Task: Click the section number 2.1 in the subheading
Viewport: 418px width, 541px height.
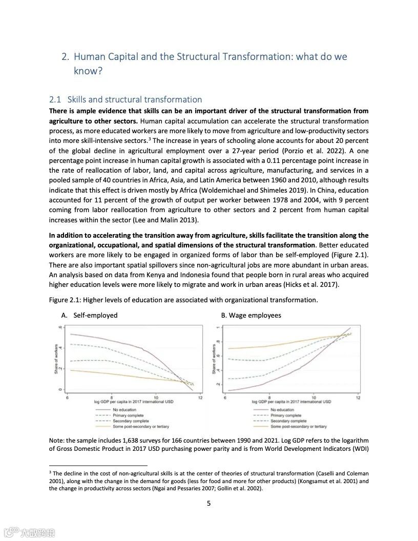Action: (x=55, y=99)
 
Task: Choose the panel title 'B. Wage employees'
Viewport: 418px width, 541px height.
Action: (x=251, y=316)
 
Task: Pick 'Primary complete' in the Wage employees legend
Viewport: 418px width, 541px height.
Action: (x=286, y=415)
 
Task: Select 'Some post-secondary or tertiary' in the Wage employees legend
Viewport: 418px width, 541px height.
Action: (x=298, y=427)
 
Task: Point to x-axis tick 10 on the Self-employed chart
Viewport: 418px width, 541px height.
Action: (x=156, y=398)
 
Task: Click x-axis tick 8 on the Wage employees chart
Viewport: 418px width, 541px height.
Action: (x=270, y=398)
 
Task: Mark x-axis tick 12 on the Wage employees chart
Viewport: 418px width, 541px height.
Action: (x=358, y=398)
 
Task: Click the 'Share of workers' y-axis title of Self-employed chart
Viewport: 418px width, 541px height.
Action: (x=56, y=359)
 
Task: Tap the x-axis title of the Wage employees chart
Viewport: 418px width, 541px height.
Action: (x=291, y=402)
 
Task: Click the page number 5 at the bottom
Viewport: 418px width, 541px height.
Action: (x=208, y=503)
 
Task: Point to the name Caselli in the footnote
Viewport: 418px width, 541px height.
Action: (x=328, y=473)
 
